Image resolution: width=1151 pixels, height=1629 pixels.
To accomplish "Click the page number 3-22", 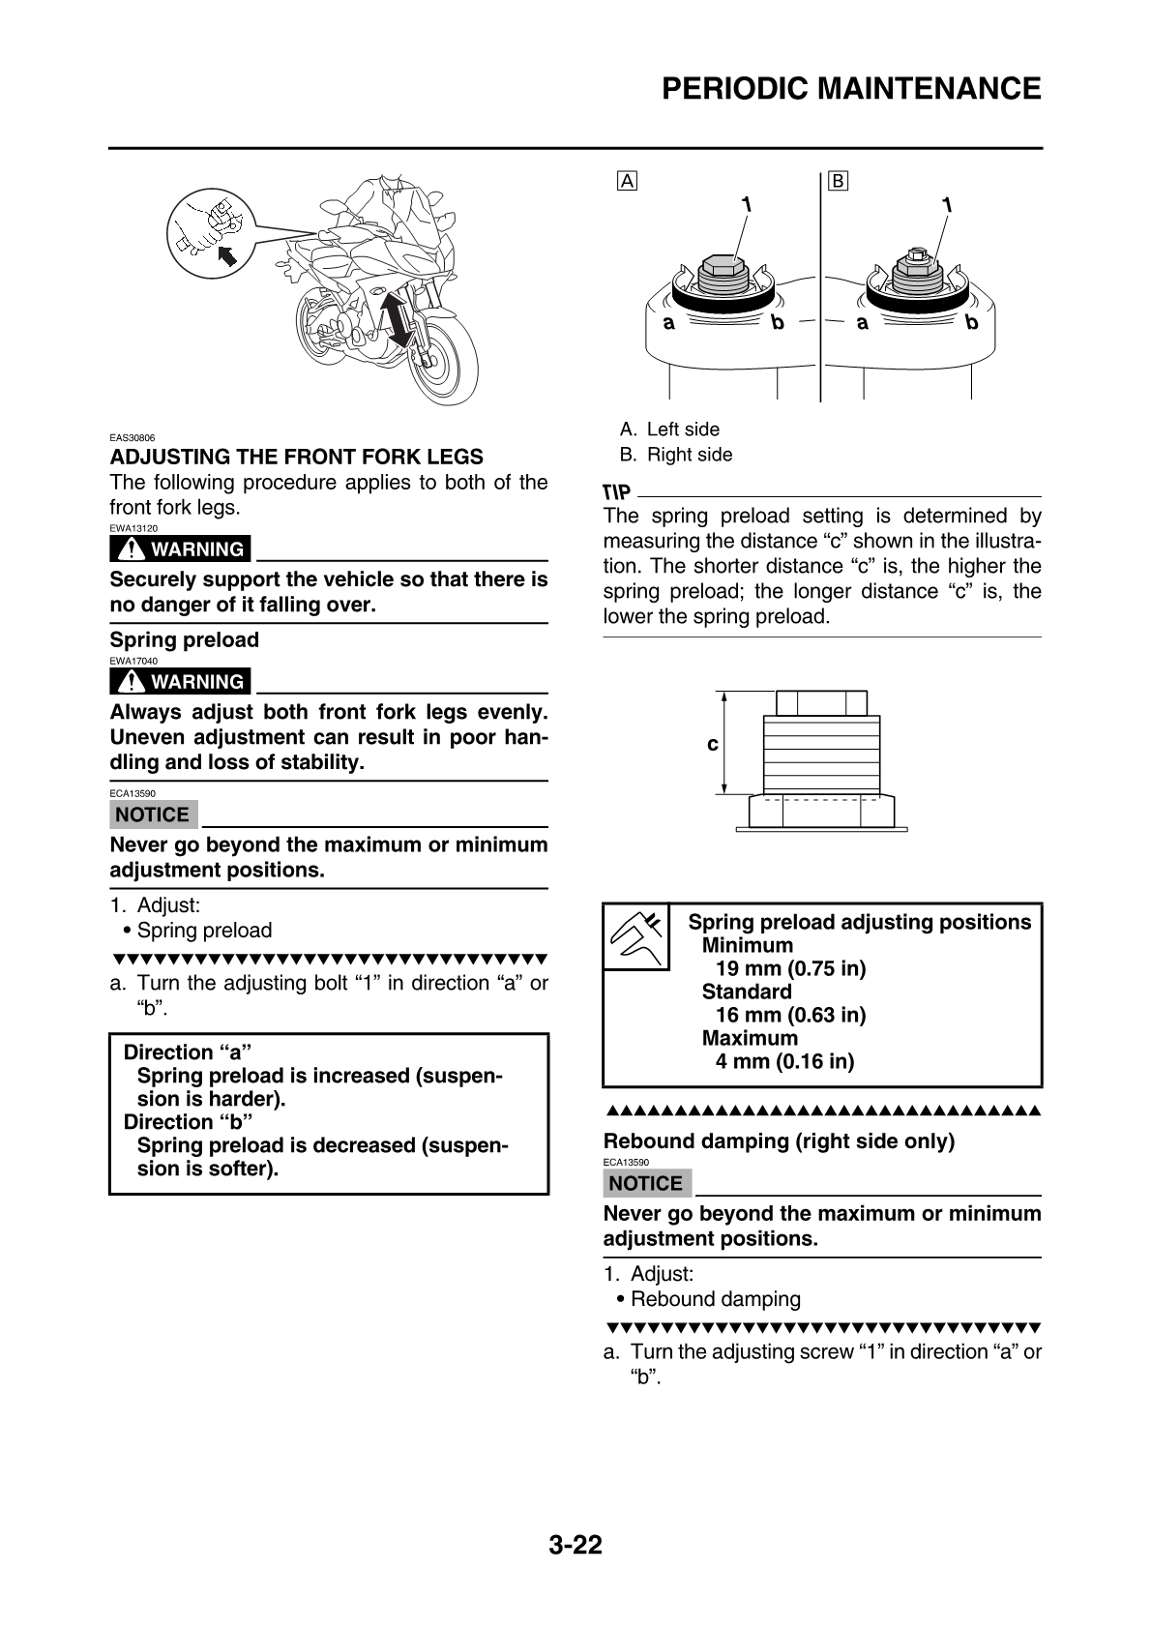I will pyautogui.click(x=575, y=1545).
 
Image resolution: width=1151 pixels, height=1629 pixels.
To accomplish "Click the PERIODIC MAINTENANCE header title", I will pyautogui.click(x=851, y=89).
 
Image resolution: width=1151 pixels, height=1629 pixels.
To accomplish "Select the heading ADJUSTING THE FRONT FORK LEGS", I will pyautogui.click(x=296, y=457).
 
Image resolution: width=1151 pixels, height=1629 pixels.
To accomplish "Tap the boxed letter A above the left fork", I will pyautogui.click(x=628, y=181).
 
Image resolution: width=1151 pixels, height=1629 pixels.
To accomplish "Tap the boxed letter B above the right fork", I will pyautogui.click(x=838, y=181).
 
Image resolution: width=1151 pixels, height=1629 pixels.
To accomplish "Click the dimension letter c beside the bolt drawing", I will pyautogui.click(x=713, y=744).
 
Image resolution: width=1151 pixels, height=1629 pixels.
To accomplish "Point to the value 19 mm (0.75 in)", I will pyautogui.click(x=790, y=968).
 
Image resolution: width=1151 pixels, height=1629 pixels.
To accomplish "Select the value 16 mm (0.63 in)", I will pyautogui.click(x=790, y=1015).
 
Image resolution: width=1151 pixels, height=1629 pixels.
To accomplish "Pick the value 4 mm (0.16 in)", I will pyautogui.click(x=784, y=1061).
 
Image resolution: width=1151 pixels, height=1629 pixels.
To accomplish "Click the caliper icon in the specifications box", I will pyautogui.click(x=636, y=937).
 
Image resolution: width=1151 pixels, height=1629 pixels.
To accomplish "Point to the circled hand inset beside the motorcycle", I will pyautogui.click(x=211, y=233).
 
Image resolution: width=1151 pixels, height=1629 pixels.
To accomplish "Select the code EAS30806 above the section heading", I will pyautogui.click(x=133, y=438).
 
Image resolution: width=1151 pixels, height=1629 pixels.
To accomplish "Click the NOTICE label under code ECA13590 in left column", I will pyautogui.click(x=153, y=814).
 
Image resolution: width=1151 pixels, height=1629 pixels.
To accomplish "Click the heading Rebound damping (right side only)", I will pyautogui.click(x=779, y=1141).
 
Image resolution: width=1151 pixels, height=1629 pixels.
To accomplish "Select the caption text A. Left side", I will pyautogui.click(x=670, y=429).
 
